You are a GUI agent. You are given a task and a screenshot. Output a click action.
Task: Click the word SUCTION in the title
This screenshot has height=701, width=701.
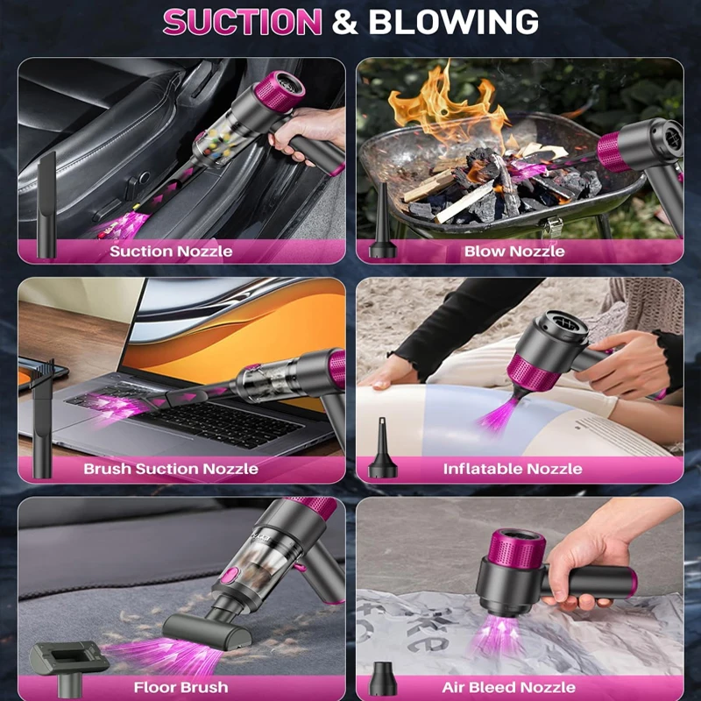pos(243,21)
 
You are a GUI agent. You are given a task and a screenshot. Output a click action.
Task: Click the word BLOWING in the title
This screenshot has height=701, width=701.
pos(453,21)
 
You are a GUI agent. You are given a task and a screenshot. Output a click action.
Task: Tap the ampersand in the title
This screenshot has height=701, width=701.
pos(345,21)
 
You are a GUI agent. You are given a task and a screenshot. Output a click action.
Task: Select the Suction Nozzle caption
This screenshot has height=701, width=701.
pos(171,251)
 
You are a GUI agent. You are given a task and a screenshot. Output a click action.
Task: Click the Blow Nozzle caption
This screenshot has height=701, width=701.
pos(514,251)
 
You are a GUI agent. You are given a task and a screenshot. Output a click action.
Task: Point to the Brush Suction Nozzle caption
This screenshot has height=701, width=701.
pos(171,469)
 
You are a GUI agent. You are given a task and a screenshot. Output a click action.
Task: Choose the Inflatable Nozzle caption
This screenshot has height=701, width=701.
pos(513,469)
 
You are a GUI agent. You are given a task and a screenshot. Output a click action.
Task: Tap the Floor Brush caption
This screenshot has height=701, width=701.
pos(181,687)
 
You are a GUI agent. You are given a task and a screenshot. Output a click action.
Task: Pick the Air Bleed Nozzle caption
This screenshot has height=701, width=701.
pos(509,687)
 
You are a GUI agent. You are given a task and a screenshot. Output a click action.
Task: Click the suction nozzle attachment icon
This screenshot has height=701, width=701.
pos(46,205)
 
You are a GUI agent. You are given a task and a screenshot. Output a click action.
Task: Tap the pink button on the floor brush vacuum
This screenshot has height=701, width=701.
pos(230,576)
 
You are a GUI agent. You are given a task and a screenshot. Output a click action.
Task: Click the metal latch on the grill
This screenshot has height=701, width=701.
pos(554,227)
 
